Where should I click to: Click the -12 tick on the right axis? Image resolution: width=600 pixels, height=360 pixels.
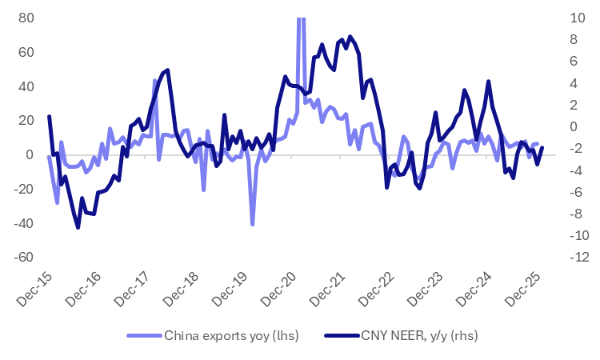click(x=582, y=258)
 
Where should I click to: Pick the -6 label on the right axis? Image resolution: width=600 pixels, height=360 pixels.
click(x=578, y=192)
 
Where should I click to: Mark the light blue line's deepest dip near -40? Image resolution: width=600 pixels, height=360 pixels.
click(x=253, y=225)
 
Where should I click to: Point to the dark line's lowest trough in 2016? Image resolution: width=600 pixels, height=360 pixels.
click(x=78, y=228)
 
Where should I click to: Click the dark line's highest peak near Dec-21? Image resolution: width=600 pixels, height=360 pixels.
click(x=350, y=36)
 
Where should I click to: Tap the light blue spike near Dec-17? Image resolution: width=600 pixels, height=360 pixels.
click(x=154, y=80)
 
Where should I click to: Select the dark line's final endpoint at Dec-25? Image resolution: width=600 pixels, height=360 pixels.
click(x=542, y=147)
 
